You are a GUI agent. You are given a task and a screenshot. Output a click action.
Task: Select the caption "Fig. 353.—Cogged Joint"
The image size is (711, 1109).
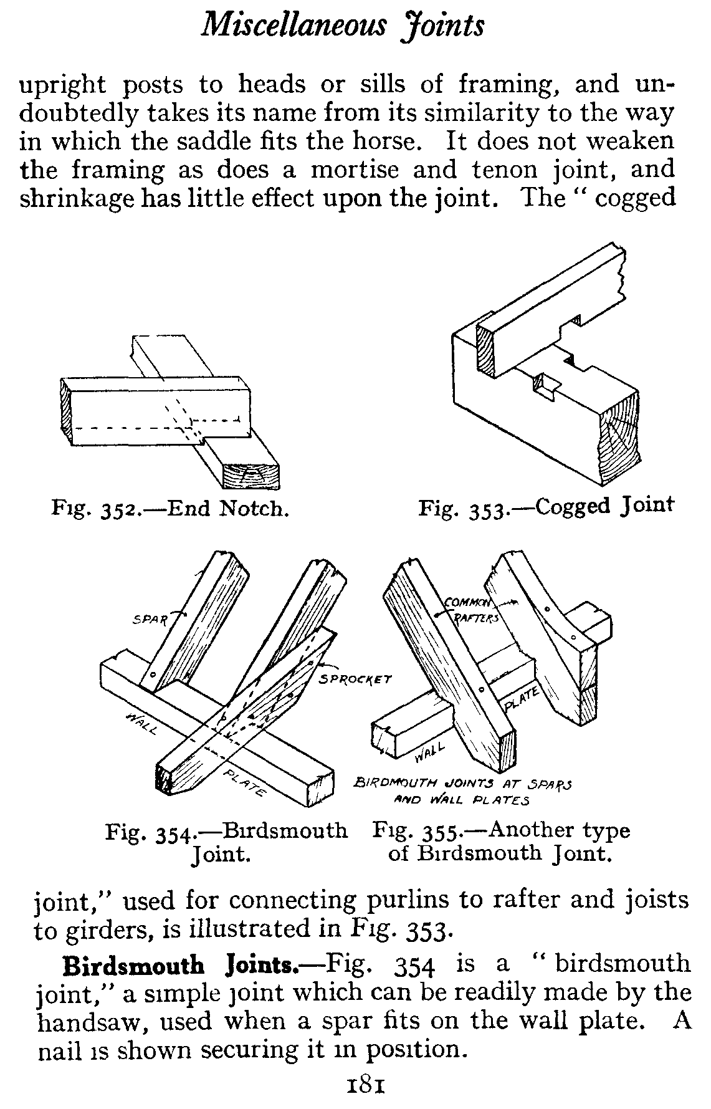(546, 506)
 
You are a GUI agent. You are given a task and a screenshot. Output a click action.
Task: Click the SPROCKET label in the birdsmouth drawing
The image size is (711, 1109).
(355, 678)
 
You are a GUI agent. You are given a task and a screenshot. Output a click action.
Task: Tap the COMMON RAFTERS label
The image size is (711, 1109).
(469, 610)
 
